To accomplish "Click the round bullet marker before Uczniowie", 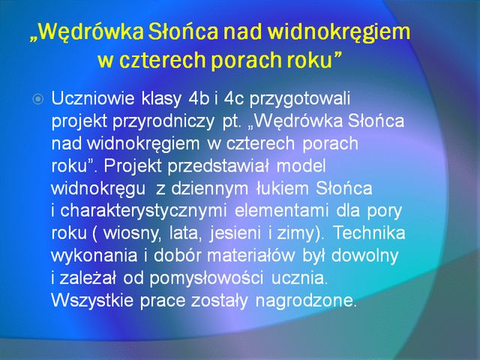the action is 38,99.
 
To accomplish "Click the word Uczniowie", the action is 93,98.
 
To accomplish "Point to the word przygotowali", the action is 300,100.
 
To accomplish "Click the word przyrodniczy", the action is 163,122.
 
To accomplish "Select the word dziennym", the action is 210,189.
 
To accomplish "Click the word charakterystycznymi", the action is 143,211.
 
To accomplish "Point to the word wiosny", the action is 132,234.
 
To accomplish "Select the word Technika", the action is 369,233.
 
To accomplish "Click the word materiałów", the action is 251,256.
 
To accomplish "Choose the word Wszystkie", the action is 92,301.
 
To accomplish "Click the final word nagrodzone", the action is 307,301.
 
